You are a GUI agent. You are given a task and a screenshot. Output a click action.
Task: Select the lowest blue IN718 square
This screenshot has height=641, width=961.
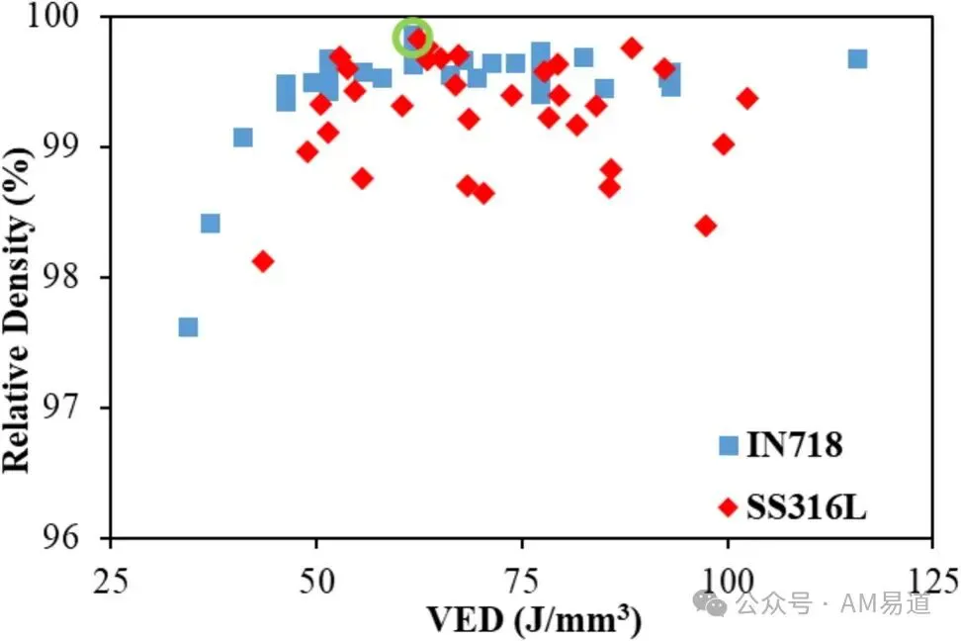[x=188, y=327]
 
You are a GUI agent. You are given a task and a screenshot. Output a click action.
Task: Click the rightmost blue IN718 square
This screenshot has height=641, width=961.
[x=857, y=59]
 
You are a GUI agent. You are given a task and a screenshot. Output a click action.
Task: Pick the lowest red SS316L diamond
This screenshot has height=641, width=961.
[x=264, y=262]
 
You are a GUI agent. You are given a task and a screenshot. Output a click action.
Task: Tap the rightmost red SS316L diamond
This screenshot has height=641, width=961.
[x=747, y=98]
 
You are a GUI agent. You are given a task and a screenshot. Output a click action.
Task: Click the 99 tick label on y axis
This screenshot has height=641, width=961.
[x=60, y=147]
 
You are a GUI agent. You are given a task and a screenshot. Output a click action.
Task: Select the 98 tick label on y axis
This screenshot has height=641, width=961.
[x=60, y=277]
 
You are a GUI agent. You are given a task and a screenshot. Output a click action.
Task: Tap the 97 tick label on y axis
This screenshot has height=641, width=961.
[x=60, y=408]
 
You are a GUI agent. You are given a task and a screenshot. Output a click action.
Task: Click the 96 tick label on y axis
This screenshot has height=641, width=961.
[x=60, y=538]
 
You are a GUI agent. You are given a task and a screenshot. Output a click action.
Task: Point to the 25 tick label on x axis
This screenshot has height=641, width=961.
[x=111, y=581]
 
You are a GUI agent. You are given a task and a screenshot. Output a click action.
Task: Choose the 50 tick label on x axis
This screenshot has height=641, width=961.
[x=316, y=581]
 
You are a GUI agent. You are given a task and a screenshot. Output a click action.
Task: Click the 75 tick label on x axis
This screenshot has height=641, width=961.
[x=522, y=581]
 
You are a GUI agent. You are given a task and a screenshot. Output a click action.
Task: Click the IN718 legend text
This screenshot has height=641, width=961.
[x=794, y=445]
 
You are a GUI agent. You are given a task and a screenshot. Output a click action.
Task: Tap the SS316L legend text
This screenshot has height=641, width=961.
[x=806, y=507]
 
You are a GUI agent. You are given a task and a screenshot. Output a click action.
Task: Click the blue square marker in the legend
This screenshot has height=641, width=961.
[x=728, y=445]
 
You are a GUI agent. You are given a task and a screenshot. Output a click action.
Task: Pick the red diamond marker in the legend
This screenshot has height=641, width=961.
[x=728, y=507]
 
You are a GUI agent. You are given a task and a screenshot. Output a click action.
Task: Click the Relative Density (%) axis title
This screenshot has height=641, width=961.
[x=17, y=311]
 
